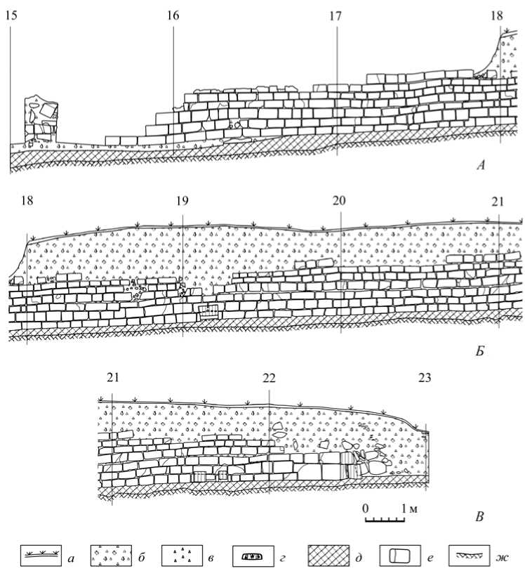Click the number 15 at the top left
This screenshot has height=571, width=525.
pos(11,15)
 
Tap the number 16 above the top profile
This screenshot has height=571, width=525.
pos(173,15)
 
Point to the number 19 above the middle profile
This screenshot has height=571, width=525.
pos(182,202)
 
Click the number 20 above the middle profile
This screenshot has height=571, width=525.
pos(340,202)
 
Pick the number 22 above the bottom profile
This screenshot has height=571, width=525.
pos(269,378)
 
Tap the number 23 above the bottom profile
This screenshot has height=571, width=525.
pos(424,378)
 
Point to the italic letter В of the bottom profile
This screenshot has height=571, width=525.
pos(480,518)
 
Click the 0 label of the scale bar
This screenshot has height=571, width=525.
pos(365,508)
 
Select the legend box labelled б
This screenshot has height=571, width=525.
pos(111,554)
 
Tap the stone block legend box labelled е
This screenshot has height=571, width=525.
pos(399,554)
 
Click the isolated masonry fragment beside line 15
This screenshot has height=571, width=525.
pos(41,119)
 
